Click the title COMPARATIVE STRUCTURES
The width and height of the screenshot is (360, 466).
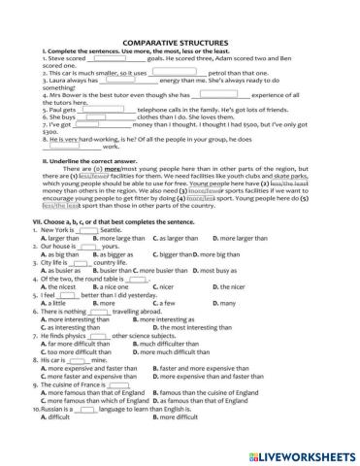[x=180, y=43]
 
